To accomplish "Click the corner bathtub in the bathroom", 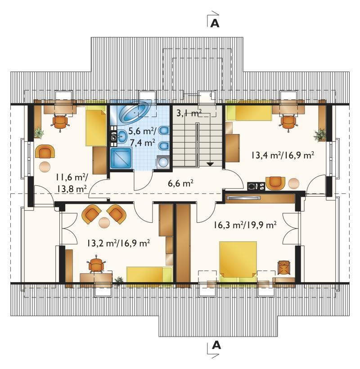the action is (135, 112).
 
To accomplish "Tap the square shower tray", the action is (121, 158).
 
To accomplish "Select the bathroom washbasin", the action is (122, 136).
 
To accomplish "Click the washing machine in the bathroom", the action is (162, 162).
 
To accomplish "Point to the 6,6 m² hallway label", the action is (181, 183).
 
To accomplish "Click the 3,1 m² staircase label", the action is (189, 113).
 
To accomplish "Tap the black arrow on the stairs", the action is (210, 164).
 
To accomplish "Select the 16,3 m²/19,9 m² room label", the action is (245, 225).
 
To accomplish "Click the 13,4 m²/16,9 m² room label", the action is (283, 155).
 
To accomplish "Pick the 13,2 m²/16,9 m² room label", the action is (119, 243).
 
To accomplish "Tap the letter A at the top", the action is (215, 23).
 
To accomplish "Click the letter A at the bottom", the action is (216, 345).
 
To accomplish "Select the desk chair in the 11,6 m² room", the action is (60, 122).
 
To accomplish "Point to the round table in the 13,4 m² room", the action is (294, 183).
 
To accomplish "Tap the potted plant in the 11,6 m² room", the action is (39, 133).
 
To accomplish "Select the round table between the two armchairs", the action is (104, 223).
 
